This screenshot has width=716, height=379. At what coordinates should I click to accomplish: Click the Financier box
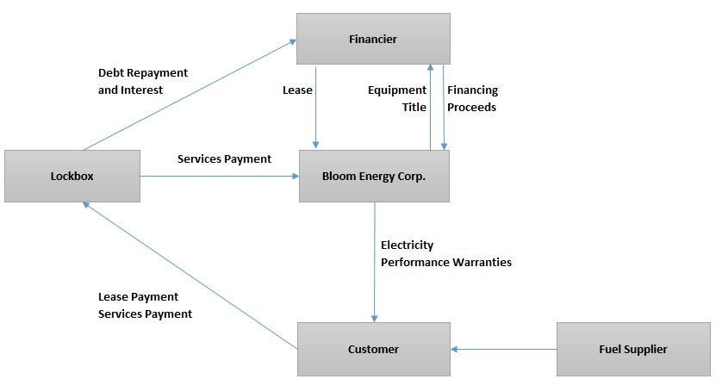pos(373,39)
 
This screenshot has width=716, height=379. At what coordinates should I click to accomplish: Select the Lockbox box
pos(72,177)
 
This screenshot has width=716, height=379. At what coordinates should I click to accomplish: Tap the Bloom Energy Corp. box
pos(374,177)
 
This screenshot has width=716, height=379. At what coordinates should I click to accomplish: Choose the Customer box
pos(373,349)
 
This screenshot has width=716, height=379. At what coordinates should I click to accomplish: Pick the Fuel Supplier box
pos(632,349)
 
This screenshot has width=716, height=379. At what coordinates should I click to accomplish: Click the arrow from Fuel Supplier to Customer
pos(503,349)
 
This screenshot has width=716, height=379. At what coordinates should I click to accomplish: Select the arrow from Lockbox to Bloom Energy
pos(219,177)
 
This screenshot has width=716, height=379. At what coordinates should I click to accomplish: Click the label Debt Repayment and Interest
pos(142,81)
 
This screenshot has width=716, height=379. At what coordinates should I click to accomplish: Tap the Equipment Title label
pos(397,98)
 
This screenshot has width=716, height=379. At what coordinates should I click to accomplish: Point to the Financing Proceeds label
pos(472,98)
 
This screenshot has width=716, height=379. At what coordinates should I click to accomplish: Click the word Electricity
pos(407,245)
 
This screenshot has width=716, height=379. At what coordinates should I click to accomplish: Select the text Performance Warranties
pos(446,262)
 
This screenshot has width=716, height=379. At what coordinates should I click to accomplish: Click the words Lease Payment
pos(138,297)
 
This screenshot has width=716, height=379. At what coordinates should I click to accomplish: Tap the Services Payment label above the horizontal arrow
pos(224,158)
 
